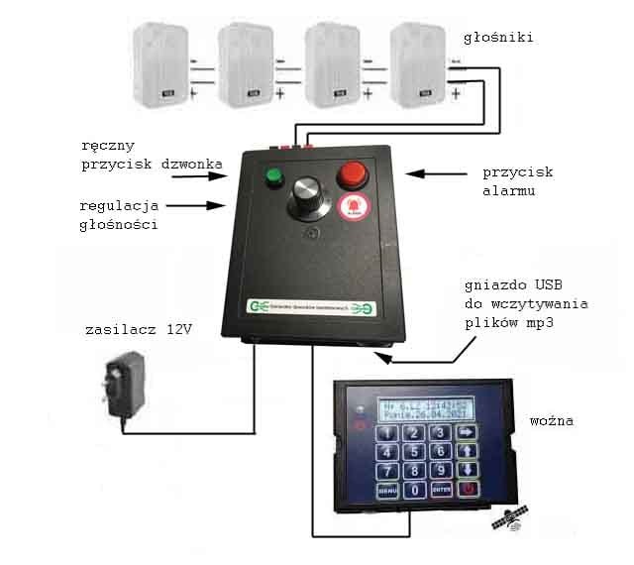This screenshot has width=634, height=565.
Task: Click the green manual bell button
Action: (x=272, y=179)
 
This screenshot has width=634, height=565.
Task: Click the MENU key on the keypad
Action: (x=388, y=490)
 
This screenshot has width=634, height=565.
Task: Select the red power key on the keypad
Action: (x=468, y=489)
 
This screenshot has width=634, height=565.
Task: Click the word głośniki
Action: (x=498, y=38)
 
